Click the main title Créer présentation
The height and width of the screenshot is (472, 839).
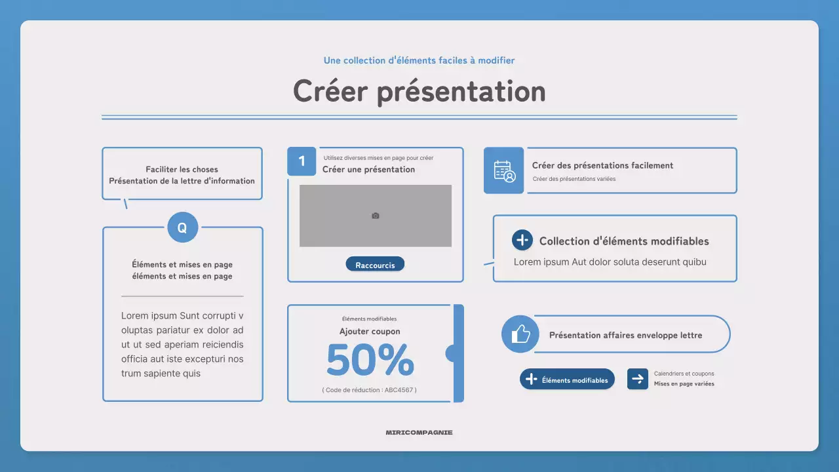(419, 91)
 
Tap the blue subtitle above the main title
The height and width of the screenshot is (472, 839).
(419, 60)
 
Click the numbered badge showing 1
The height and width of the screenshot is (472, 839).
(302, 161)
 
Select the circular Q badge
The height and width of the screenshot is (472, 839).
(182, 227)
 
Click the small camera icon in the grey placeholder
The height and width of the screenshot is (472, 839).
(376, 216)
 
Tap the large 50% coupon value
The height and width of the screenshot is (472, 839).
(370, 360)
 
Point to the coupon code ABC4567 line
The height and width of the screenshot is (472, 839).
(370, 390)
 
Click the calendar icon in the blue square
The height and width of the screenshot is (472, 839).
(504, 170)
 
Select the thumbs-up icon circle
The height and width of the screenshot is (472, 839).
(520, 334)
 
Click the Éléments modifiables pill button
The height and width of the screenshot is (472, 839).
(567, 380)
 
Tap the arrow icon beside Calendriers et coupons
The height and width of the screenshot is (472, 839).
(637, 379)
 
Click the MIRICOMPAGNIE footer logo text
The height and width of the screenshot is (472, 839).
(419, 433)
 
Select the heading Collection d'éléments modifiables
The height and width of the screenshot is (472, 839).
(624, 241)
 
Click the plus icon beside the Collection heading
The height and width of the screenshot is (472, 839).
(522, 241)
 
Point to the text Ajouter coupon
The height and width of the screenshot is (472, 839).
(370, 332)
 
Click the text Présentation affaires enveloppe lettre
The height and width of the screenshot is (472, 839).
(625, 335)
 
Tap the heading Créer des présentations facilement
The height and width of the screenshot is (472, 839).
(602, 166)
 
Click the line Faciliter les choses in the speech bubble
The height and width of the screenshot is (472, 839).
(182, 169)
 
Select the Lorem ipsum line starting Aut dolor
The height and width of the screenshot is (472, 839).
(610, 262)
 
